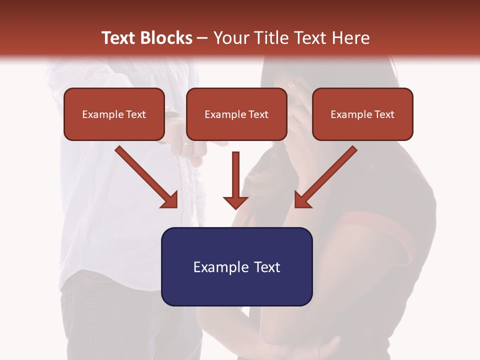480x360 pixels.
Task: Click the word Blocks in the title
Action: (168, 38)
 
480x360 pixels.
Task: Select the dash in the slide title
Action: (203, 38)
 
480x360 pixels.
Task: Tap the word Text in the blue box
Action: (267, 267)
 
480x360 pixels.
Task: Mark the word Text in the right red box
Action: (384, 114)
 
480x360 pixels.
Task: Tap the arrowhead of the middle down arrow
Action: (235, 202)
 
